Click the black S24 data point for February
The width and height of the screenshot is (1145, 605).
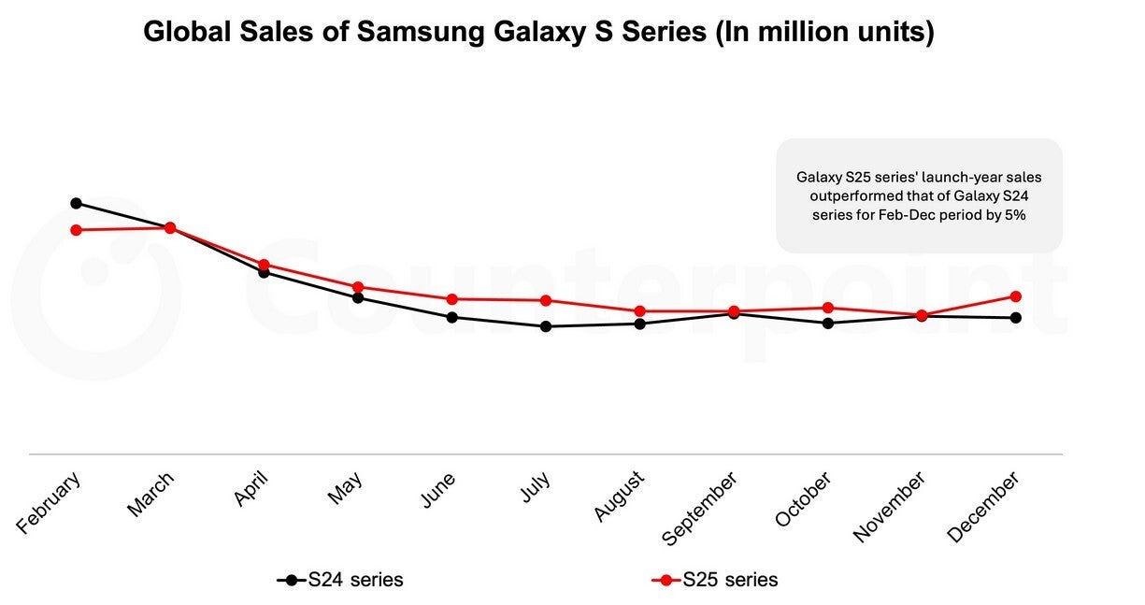76,203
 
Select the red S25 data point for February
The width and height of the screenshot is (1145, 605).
76,230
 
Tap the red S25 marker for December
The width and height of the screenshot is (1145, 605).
1016,296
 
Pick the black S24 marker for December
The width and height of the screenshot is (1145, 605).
1016,318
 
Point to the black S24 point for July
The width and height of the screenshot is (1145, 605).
546,326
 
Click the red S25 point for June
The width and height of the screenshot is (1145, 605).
452,299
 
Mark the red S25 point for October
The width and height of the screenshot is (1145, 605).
828,308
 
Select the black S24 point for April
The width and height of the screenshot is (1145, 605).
264,272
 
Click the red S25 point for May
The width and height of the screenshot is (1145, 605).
358,287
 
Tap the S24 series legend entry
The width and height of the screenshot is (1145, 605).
341,580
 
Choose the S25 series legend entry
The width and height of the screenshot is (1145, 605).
715,580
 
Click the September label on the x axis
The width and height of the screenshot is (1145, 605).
700,509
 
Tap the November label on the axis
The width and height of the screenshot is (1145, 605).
890,506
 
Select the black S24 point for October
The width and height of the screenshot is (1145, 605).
828,324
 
